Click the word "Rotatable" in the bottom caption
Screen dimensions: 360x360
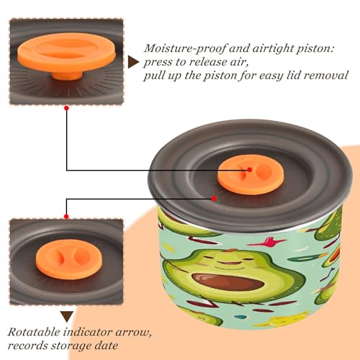tap(34, 332)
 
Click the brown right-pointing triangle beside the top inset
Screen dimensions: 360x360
tap(133, 62)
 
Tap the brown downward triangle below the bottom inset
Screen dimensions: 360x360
tap(67, 316)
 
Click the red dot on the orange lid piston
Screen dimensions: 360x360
tap(250, 170)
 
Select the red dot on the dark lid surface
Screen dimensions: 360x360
tap(214, 199)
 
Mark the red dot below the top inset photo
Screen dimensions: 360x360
tap(67, 108)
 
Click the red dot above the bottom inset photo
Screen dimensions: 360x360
tap(66, 217)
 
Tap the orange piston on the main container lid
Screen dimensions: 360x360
tap(251, 174)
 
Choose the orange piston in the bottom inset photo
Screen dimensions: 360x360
tap(69, 259)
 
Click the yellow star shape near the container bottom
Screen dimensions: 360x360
tap(283, 320)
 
